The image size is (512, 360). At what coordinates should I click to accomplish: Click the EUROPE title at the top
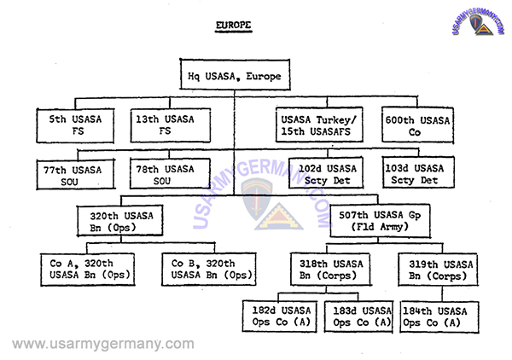click(234, 25)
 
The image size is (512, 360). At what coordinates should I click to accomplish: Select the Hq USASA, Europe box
click(234, 77)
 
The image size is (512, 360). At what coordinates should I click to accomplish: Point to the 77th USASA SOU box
click(75, 175)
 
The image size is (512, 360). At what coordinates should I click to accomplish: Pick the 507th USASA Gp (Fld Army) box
click(381, 222)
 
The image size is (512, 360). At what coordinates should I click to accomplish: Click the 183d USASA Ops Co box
click(358, 316)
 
